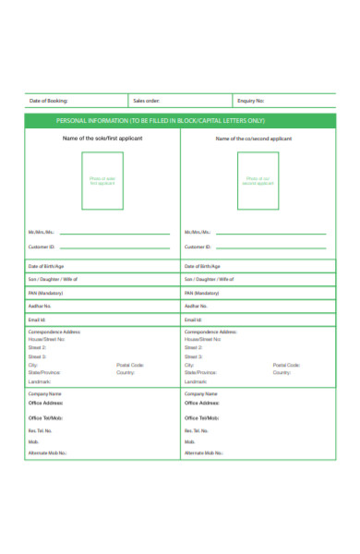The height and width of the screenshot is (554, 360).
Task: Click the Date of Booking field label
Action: click(x=49, y=101)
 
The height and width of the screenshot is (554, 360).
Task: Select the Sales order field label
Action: click(x=146, y=101)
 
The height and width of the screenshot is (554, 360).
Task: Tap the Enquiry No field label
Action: click(x=251, y=101)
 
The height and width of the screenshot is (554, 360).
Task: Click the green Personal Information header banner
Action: click(x=180, y=121)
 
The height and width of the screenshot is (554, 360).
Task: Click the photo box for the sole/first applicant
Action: click(x=102, y=181)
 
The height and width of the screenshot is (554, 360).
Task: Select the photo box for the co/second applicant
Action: click(x=258, y=181)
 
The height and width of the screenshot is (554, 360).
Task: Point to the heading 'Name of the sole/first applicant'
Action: click(x=102, y=138)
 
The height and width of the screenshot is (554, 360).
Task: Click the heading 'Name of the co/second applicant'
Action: click(x=254, y=138)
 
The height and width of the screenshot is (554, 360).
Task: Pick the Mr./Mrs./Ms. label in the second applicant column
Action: click(x=198, y=232)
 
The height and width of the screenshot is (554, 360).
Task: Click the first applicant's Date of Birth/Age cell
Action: click(x=102, y=266)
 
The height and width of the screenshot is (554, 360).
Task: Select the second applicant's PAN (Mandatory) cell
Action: click(x=258, y=292)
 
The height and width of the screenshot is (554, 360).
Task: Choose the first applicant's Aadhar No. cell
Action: click(x=102, y=306)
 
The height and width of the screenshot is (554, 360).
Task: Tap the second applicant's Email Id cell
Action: click(x=258, y=319)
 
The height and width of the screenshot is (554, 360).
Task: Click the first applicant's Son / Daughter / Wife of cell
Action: click(x=102, y=279)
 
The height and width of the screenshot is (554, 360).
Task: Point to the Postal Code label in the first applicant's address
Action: click(x=130, y=365)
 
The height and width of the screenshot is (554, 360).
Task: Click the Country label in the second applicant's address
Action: click(x=282, y=372)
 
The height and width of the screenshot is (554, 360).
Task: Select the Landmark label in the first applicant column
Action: click(x=40, y=381)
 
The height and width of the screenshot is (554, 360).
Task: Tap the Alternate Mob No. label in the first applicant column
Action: click(x=48, y=453)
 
